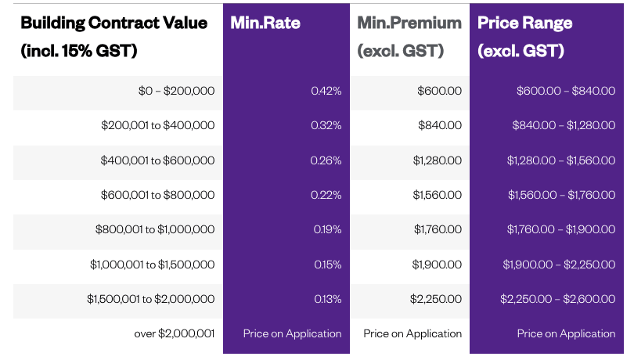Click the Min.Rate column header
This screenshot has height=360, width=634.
(x=265, y=23)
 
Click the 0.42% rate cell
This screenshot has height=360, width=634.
(x=326, y=91)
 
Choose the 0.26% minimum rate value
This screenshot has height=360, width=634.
(x=326, y=160)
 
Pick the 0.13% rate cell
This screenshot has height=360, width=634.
(x=326, y=299)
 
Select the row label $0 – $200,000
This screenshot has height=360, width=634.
(x=176, y=91)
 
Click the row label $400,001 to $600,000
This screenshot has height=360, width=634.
(x=157, y=160)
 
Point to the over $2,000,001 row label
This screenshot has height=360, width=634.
(x=174, y=333)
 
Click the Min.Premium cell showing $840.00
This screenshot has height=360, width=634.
(x=441, y=125)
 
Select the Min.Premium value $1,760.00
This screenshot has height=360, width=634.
(x=438, y=229)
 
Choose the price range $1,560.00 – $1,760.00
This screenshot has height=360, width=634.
(x=560, y=195)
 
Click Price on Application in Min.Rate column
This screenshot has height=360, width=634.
(x=292, y=333)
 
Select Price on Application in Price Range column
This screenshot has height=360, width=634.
(x=566, y=333)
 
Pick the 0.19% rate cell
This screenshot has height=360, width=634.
(x=326, y=229)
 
